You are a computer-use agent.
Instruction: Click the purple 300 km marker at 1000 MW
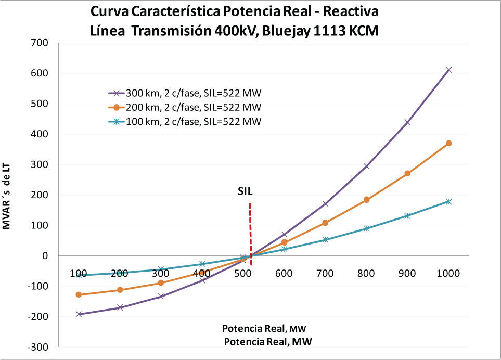[x=448, y=70]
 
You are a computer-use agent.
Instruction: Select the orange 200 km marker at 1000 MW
[x=448, y=143]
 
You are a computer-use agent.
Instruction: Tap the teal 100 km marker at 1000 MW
[x=448, y=201]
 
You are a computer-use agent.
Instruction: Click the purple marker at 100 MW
[x=79, y=314]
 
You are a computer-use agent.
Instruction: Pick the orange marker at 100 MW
[x=79, y=294]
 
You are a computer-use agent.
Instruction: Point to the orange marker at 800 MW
[x=366, y=200]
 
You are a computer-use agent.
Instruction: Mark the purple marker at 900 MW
[x=407, y=123]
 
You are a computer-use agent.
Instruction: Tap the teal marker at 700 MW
[x=325, y=240]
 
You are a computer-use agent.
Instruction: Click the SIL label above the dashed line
[x=246, y=191]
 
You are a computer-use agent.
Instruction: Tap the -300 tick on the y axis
[x=38, y=347]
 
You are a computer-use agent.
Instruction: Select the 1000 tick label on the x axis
[x=448, y=273]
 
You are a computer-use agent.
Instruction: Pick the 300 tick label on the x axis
[x=161, y=273]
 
